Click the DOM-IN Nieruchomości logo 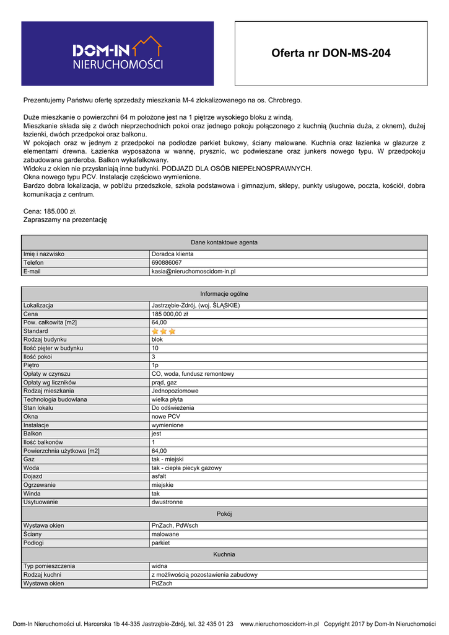[x=118, y=53]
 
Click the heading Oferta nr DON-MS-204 [x=331, y=53]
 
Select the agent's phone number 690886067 [x=167, y=262]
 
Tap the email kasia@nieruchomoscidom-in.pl [x=193, y=271]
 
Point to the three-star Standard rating [x=163, y=331]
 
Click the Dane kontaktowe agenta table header [x=224, y=242]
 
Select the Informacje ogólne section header [x=224, y=293]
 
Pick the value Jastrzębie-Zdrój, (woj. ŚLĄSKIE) [x=195, y=305]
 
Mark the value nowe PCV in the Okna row [x=165, y=417]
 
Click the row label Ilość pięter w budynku [x=53, y=348]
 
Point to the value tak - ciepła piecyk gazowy [x=186, y=468]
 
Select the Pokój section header [x=224, y=513]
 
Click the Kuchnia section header [x=224, y=554]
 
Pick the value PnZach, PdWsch [x=175, y=525]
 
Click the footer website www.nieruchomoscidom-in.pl [x=279, y=624]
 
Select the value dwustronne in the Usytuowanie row [x=167, y=502]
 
